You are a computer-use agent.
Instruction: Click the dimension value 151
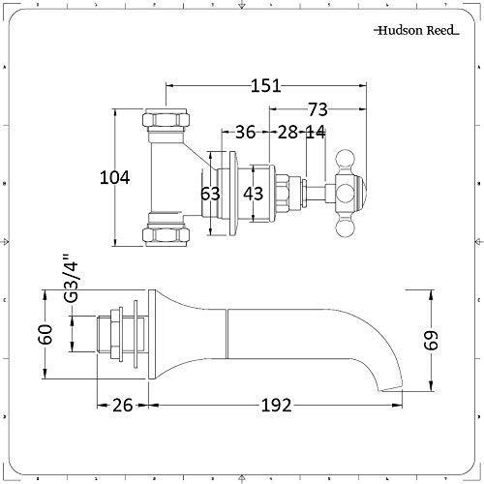[267, 87]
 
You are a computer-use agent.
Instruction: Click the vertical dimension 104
[117, 176]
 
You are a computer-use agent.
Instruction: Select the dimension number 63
[210, 194]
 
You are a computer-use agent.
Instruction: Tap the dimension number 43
[253, 194]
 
